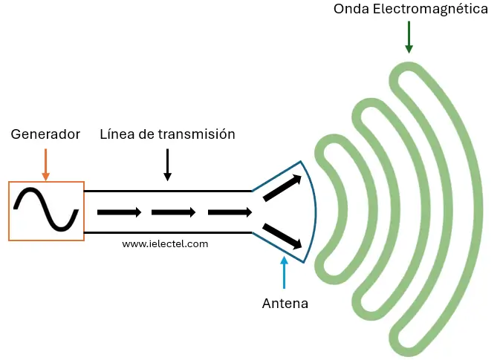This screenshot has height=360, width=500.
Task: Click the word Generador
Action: (45, 135)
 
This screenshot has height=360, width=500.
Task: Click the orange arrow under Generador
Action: (45, 164)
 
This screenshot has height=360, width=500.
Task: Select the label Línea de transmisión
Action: (167, 134)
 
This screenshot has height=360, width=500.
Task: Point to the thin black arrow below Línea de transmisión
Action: (167, 165)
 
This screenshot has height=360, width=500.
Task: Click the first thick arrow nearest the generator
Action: (119, 212)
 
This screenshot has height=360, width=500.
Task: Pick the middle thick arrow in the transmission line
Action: (173, 212)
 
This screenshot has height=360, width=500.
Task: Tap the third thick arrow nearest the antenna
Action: (230, 212)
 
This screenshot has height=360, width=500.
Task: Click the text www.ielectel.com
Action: (165, 243)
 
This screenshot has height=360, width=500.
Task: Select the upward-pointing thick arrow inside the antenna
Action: (282, 188)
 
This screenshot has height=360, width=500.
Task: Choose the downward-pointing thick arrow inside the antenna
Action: (282, 235)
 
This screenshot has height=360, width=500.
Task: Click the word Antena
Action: (285, 304)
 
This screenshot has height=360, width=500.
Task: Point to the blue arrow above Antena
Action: (284, 272)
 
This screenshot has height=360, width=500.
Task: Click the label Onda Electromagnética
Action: (411, 10)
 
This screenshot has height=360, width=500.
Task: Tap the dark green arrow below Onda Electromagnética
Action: (409, 37)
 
